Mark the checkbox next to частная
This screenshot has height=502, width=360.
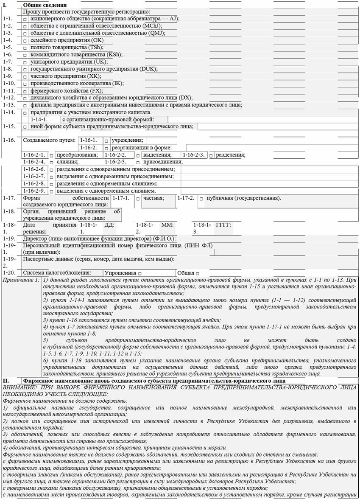[137, 199]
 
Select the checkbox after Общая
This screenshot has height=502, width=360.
[197, 273]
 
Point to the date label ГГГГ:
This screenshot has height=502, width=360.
[223, 225]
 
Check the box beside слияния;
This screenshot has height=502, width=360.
[52, 162]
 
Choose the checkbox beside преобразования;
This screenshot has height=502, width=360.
[52, 155]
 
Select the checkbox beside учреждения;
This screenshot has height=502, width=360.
[106, 140]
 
